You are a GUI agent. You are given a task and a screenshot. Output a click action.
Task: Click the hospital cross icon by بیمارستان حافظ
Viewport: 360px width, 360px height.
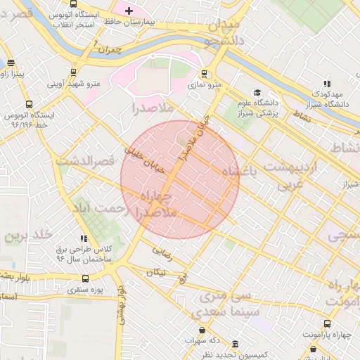(129, 11)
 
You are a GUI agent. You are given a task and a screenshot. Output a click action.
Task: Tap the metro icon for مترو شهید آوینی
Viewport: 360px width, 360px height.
(74, 72)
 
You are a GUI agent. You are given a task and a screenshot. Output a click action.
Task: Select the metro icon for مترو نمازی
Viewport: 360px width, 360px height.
(205, 73)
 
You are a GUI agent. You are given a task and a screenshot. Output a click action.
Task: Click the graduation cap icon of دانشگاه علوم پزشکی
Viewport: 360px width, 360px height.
(257, 92)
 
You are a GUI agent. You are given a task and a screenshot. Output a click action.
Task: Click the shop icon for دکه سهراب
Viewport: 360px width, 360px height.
(202, 330)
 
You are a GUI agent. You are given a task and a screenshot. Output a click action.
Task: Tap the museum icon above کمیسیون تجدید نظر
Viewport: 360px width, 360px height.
(234, 344)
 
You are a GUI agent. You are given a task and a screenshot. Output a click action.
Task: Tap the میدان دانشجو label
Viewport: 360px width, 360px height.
(223, 33)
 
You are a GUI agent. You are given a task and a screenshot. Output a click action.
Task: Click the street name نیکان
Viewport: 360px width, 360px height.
(156, 271)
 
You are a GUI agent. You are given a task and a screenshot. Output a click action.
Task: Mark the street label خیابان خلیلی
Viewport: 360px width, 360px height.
(143, 159)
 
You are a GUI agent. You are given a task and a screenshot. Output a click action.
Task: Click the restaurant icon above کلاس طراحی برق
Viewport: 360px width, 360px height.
(84, 239)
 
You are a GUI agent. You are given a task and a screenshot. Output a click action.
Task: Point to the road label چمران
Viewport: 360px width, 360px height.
(110, 51)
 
